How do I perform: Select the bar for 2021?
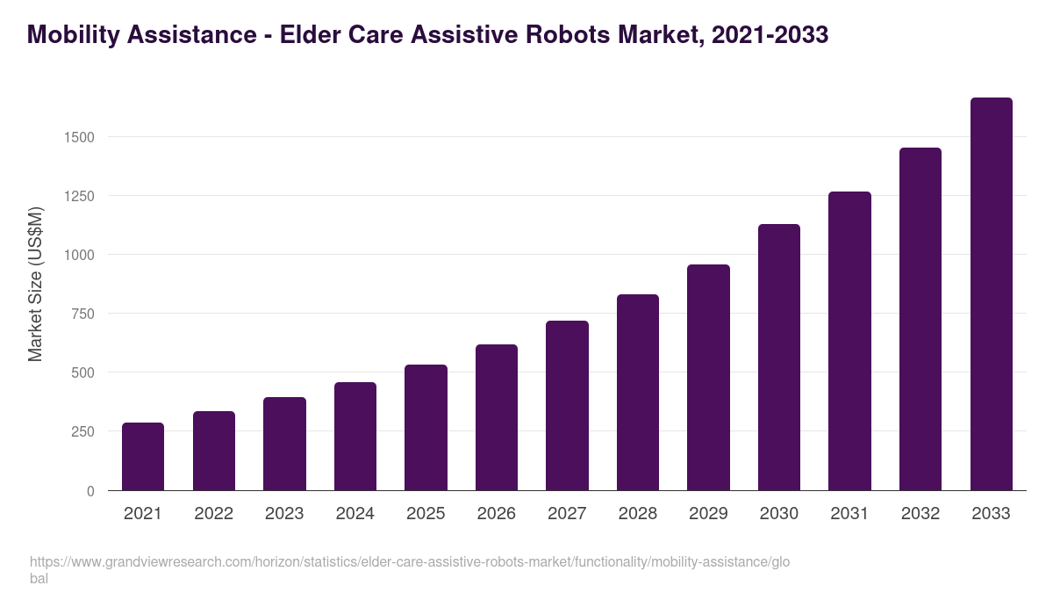(x=143, y=457)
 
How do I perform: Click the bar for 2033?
(x=991, y=294)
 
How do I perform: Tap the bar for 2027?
(x=567, y=406)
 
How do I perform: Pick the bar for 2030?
(x=779, y=358)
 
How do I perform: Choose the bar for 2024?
(x=355, y=437)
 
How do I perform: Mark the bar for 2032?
(x=920, y=319)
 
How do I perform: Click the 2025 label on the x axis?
(x=426, y=514)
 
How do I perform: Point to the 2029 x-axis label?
(x=708, y=514)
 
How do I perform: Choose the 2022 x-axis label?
(x=214, y=514)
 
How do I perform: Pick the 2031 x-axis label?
(x=849, y=514)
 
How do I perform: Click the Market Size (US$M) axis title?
(x=35, y=284)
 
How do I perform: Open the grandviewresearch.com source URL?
(x=409, y=562)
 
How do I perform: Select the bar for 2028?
(x=638, y=393)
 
